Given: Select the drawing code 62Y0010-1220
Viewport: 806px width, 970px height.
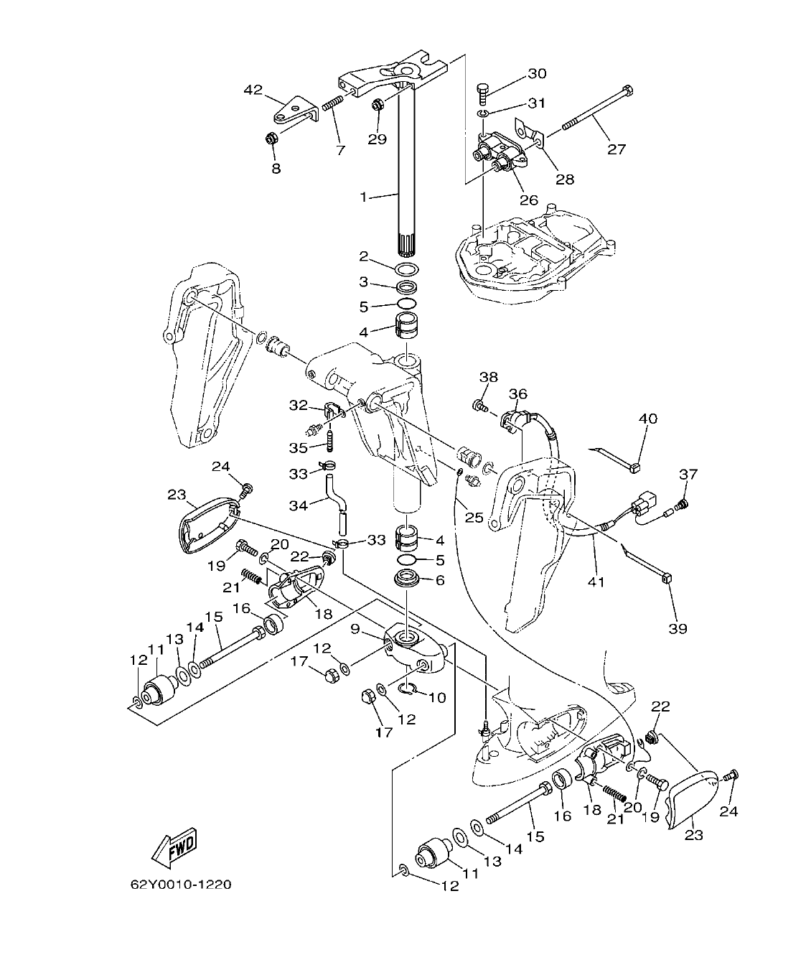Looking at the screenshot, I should [181, 885].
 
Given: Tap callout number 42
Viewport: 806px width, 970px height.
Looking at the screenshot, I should [253, 90].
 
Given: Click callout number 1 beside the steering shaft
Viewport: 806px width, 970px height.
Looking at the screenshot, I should [364, 196].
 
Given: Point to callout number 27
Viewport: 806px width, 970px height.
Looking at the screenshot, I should [617, 149].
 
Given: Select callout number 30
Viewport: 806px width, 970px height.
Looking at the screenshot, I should [537, 73].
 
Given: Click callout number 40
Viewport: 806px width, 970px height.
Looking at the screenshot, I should [648, 418].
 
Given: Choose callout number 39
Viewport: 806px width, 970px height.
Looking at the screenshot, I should [678, 628].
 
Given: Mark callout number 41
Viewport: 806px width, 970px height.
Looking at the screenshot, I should [596, 582].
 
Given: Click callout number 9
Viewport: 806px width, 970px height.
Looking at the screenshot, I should [355, 629].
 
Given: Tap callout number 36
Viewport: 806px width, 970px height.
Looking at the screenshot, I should [518, 393].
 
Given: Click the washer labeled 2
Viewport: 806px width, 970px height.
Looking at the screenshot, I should [407, 269].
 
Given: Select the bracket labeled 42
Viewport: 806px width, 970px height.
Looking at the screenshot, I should [295, 111].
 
